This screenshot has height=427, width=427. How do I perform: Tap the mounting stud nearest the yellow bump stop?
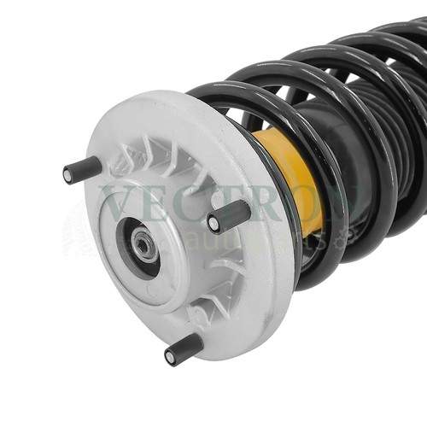pos(230,216)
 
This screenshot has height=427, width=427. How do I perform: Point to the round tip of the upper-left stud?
pos(69,175)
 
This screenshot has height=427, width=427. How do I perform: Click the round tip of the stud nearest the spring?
pos(214,224)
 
